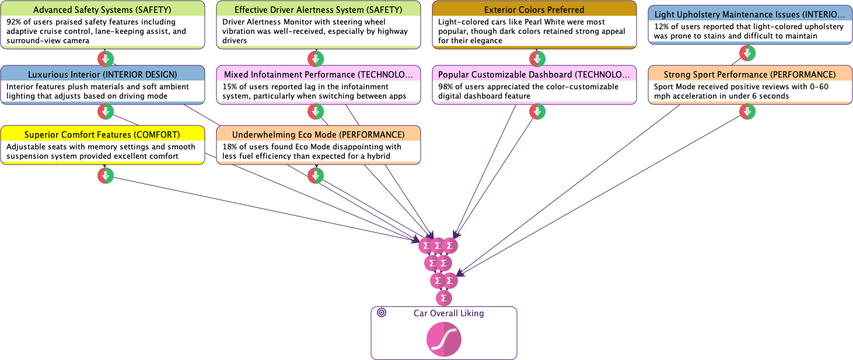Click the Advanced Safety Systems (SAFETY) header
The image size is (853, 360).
coord(103,10)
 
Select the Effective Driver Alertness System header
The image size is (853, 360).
coord(318,10)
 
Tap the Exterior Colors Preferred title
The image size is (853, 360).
coord(534,10)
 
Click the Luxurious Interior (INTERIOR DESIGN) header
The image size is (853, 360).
coord(103,74)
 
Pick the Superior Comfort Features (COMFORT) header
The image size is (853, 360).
coord(103,135)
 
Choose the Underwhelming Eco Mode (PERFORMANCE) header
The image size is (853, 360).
coord(318,135)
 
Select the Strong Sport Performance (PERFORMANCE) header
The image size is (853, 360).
coord(750,75)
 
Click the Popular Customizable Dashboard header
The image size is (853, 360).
coord(534,75)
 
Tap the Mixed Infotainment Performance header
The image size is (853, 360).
coord(318,75)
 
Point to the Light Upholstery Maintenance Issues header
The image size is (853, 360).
coord(750,14)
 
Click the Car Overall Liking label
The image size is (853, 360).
coord(449,313)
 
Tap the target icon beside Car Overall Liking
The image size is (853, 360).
coord(382,313)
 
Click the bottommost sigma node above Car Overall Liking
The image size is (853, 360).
coord(444,298)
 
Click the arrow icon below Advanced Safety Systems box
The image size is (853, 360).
coord(106,59)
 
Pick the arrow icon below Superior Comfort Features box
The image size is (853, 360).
coord(106,176)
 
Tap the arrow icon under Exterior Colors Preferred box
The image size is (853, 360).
coord(537,59)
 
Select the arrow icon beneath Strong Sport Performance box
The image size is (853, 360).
coord(747,111)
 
